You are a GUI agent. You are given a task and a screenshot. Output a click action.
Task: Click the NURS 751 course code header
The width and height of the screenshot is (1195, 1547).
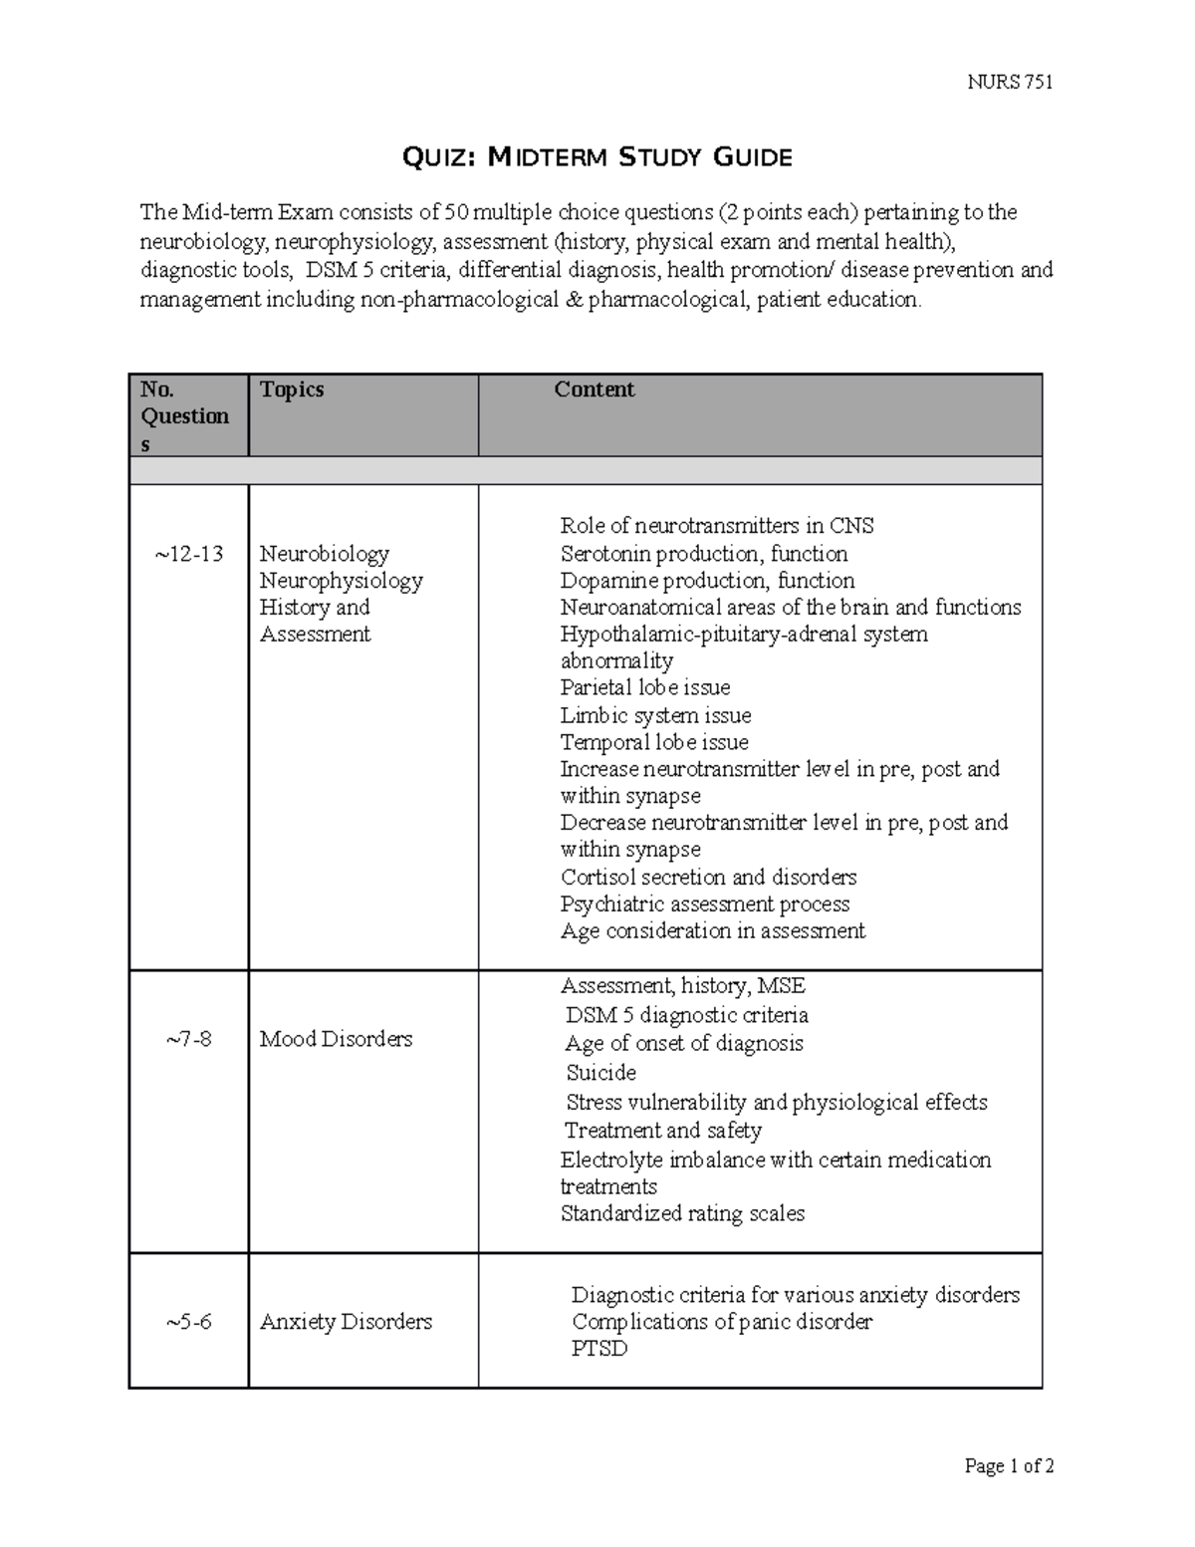pyautogui.click(x=1010, y=82)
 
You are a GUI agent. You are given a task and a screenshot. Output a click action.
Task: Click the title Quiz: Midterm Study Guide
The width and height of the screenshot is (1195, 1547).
pyautogui.click(x=597, y=156)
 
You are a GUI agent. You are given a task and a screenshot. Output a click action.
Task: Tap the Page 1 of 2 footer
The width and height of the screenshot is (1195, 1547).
pyautogui.click(x=1009, y=1465)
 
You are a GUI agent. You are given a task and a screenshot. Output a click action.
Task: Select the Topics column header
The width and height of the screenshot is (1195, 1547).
pyautogui.click(x=292, y=389)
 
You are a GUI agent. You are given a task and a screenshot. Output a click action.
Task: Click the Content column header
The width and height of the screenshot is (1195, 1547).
pyautogui.click(x=595, y=389)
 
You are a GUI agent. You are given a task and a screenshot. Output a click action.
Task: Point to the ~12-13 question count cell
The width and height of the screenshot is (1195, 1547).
pyautogui.click(x=188, y=554)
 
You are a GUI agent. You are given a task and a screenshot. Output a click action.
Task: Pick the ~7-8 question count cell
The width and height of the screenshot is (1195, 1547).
pyautogui.click(x=188, y=1039)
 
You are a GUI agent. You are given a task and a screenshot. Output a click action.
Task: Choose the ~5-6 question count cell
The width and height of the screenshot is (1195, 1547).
pyautogui.click(x=188, y=1322)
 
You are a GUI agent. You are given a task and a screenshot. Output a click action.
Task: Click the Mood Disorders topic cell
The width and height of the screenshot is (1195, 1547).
pyautogui.click(x=336, y=1039)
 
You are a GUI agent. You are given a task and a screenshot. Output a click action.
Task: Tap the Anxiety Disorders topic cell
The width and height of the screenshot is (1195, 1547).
pyautogui.click(x=346, y=1322)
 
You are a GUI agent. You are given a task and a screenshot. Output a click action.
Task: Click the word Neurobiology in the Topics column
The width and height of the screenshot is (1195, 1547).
pyautogui.click(x=324, y=554)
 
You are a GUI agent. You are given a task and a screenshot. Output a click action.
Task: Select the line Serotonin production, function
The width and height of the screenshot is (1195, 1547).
pyautogui.click(x=703, y=554)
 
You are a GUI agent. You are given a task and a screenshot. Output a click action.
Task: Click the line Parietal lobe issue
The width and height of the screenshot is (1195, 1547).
pyautogui.click(x=644, y=687)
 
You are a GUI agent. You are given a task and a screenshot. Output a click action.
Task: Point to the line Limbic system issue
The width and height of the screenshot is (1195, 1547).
pyautogui.click(x=655, y=715)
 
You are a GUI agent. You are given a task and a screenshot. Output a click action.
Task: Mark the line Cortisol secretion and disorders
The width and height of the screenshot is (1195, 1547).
pyautogui.click(x=708, y=878)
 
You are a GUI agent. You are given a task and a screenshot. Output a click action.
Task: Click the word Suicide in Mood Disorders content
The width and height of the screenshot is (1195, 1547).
pyautogui.click(x=600, y=1073)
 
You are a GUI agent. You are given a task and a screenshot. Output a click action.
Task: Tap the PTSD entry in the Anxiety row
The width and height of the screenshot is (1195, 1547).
pyautogui.click(x=599, y=1349)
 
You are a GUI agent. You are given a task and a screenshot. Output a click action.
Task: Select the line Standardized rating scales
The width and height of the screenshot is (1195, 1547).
pyautogui.click(x=682, y=1213)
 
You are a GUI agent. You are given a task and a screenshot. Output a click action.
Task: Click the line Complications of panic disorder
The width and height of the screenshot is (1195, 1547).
pyautogui.click(x=721, y=1322)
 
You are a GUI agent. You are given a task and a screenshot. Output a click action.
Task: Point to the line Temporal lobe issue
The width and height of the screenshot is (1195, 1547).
pyautogui.click(x=653, y=742)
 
